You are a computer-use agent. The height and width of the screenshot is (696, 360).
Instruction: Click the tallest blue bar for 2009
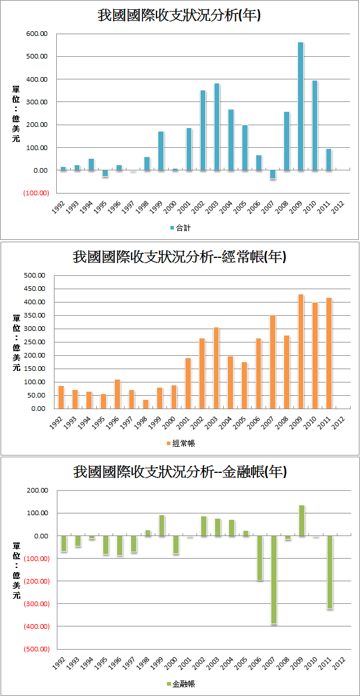tap(300, 106)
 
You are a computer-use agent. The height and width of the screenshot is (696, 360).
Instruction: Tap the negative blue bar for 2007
tap(272, 174)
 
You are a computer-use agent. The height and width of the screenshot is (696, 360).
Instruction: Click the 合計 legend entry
tap(180, 228)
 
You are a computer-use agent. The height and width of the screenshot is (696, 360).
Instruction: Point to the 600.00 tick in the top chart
tap(36, 34)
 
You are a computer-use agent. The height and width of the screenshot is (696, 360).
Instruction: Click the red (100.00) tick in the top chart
tap(36, 193)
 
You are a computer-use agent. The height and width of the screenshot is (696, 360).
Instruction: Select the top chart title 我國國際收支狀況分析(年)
tap(179, 15)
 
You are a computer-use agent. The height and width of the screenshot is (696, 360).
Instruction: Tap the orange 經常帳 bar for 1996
tap(117, 394)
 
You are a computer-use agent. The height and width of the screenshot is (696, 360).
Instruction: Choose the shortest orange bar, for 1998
tap(146, 404)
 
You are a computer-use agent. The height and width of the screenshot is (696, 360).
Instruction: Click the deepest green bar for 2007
tap(272, 580)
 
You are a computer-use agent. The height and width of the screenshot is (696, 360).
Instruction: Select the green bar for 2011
tap(329, 572)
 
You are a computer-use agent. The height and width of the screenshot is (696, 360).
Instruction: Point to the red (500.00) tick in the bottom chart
tap(36, 649)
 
